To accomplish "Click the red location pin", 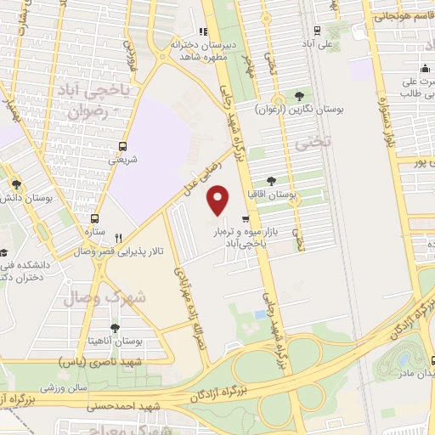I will tap(219, 200).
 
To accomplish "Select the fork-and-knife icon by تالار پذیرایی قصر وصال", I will tap(120, 239).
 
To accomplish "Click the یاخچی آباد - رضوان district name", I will tap(93, 99).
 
